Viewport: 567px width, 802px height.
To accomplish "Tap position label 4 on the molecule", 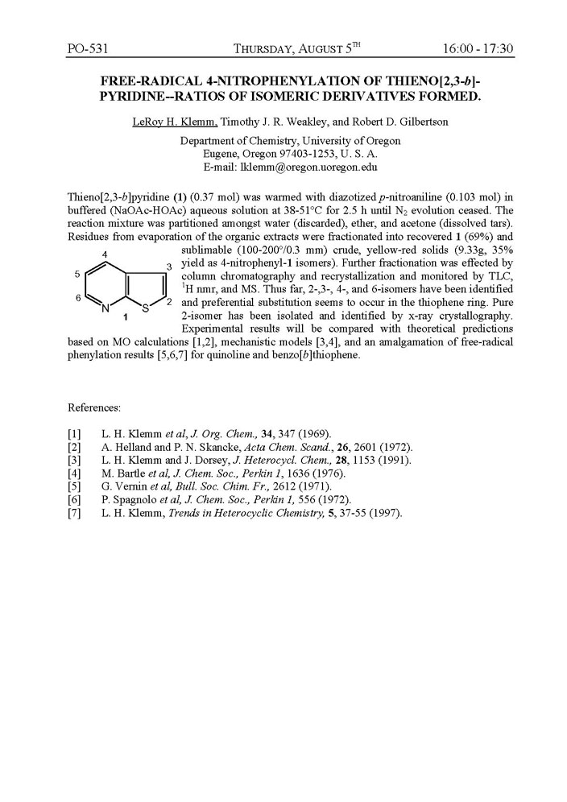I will (106, 255).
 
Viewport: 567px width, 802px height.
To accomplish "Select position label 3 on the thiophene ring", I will (168, 266).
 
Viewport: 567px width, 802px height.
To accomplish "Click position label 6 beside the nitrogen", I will (77, 299).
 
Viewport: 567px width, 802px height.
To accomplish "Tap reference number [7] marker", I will (74, 512).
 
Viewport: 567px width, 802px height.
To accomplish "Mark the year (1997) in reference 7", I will (383, 512).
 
